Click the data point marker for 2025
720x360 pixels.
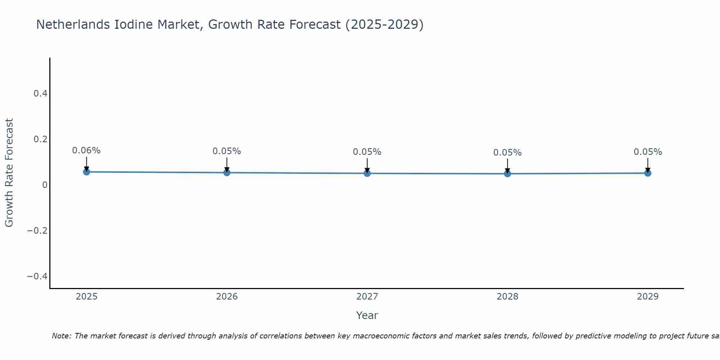point(86,172)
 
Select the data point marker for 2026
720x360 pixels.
point(227,173)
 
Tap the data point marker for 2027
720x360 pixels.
point(367,174)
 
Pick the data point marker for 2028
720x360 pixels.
point(507,174)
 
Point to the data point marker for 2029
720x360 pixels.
point(648,173)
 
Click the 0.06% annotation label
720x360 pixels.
point(86,150)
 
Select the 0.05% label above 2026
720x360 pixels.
point(227,151)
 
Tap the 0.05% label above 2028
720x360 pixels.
point(507,153)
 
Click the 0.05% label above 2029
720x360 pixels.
point(648,152)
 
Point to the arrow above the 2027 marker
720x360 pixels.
point(367,165)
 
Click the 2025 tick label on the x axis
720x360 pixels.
point(87,297)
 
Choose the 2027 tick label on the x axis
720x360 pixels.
point(367,297)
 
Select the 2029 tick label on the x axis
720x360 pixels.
point(648,297)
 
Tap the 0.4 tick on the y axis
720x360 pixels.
point(40,94)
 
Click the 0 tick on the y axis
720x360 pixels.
point(45,185)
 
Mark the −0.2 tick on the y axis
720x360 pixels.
point(37,231)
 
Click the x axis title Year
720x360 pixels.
point(367,315)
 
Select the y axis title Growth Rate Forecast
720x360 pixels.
point(9,173)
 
